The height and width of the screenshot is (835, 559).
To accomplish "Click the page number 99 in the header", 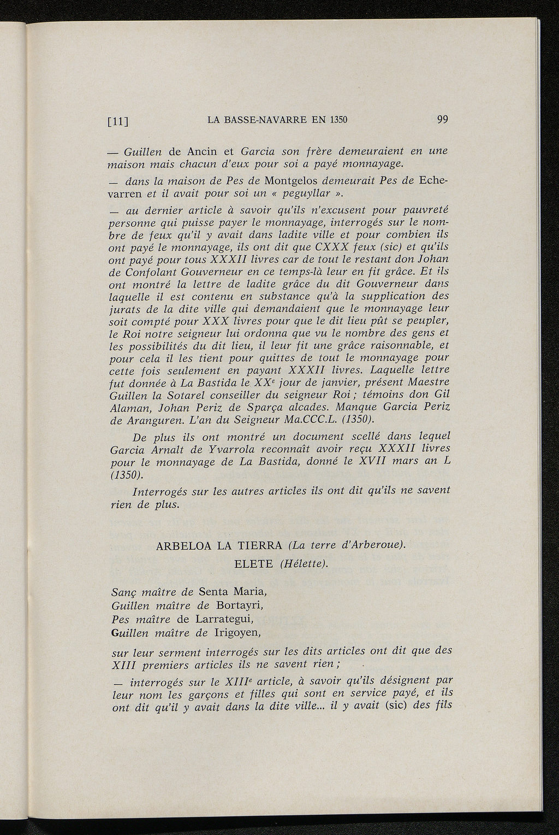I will coord(442,120).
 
